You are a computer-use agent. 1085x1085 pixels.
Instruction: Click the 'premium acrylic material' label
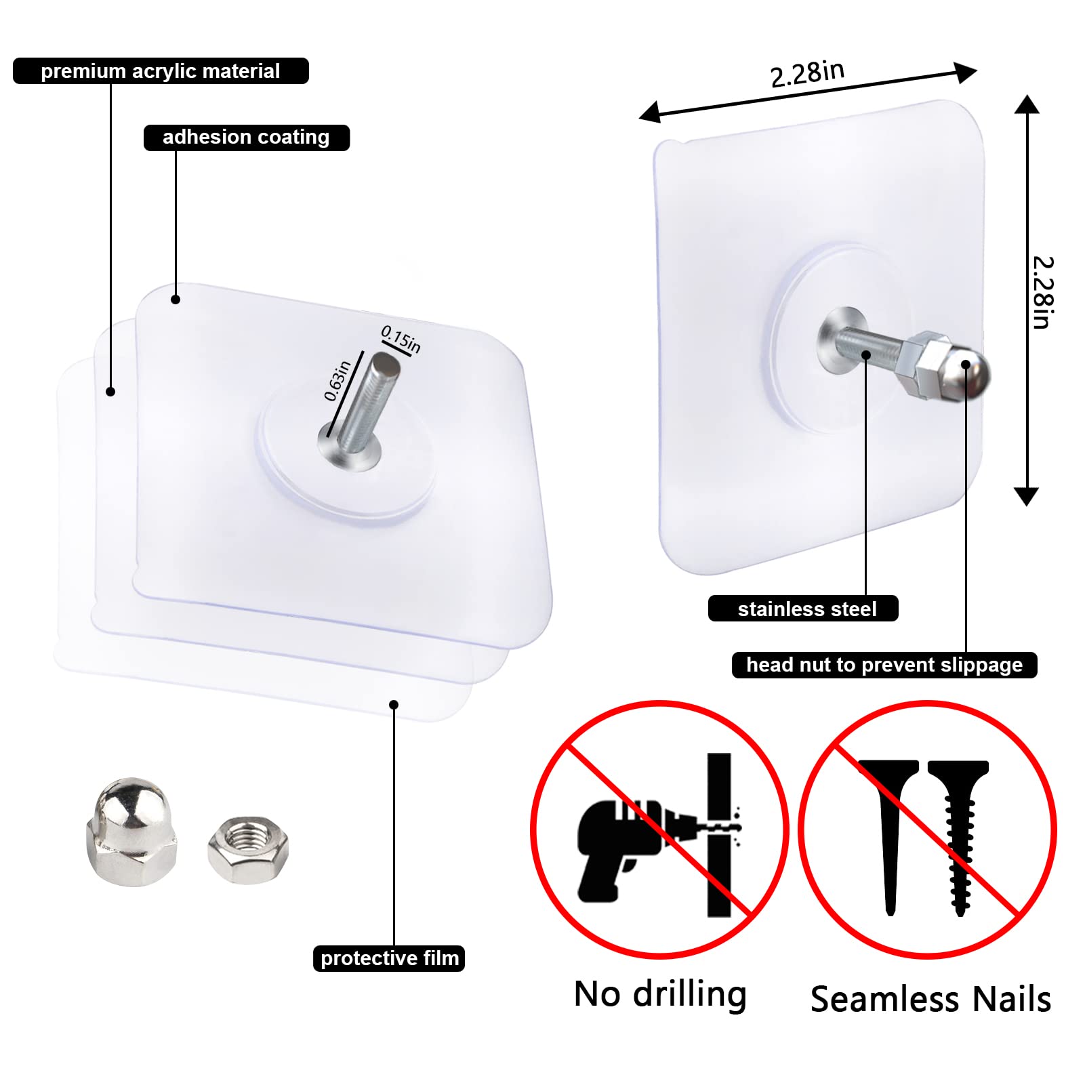point(161,71)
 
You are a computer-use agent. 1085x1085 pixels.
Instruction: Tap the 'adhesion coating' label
point(246,138)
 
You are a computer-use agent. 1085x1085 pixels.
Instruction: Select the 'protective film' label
point(389,958)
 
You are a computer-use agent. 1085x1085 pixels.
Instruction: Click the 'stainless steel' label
point(803,609)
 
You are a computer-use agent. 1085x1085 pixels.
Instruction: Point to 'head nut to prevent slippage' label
point(884,665)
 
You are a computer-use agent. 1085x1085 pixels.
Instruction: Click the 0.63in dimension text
point(337,382)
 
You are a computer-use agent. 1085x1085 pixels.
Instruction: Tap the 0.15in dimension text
point(401,339)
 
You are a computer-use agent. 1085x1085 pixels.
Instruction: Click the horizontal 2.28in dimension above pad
point(807,74)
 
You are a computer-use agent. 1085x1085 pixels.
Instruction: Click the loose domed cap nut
point(131,832)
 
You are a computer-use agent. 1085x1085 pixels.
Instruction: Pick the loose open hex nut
point(248,850)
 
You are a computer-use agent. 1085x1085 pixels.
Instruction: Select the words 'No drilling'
point(660,995)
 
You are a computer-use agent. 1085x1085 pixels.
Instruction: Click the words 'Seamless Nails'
point(930,1000)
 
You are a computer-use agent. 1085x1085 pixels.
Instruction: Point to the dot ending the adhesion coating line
point(176,300)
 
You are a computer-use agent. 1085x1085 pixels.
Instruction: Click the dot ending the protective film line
point(394,705)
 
